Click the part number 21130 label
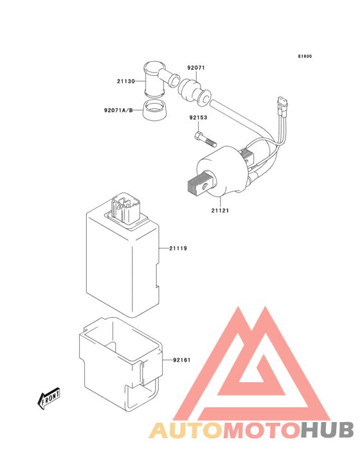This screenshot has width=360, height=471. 126,81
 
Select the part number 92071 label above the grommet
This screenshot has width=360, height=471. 196,68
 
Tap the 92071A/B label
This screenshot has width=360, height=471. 118,110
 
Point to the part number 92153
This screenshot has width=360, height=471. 198,118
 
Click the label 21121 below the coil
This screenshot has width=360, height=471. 220,210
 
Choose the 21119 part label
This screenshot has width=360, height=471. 178,248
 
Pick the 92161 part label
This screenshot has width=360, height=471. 182,360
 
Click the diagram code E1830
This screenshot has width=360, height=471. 305,56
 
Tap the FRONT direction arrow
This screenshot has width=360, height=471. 48,398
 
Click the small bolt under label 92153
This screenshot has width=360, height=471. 206,140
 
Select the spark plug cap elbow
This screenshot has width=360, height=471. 161,79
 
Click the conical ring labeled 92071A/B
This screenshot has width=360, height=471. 154,111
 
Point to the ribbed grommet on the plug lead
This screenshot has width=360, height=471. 194,91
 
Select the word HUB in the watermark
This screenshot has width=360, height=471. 327,430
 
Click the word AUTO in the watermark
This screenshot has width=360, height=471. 186,430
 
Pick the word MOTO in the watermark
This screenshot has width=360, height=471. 262,430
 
